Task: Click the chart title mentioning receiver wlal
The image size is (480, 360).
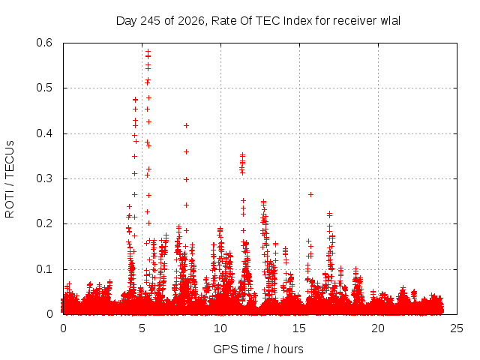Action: click(258, 21)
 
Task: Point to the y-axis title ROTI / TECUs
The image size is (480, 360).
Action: click(10, 179)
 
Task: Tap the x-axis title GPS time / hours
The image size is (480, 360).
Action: click(258, 349)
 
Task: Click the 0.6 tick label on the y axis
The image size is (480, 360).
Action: click(44, 43)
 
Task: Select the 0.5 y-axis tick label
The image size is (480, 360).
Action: click(44, 88)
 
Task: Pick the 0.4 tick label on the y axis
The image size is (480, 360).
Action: click(44, 133)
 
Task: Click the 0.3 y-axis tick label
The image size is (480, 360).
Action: click(44, 178)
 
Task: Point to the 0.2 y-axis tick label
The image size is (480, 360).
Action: click(44, 223)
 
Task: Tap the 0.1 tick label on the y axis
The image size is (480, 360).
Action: click(44, 269)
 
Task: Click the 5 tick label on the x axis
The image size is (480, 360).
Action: click(142, 328)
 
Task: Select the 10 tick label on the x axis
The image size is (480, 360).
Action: click(220, 328)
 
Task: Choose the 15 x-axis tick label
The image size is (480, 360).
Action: click(299, 328)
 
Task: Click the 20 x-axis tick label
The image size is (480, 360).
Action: click(378, 328)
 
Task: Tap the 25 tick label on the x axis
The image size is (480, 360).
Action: click(457, 328)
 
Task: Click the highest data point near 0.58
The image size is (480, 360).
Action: click(148, 52)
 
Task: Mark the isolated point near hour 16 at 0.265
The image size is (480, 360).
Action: click(310, 195)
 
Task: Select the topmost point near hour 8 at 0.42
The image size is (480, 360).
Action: click(186, 125)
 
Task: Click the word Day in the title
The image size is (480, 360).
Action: click(127, 21)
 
